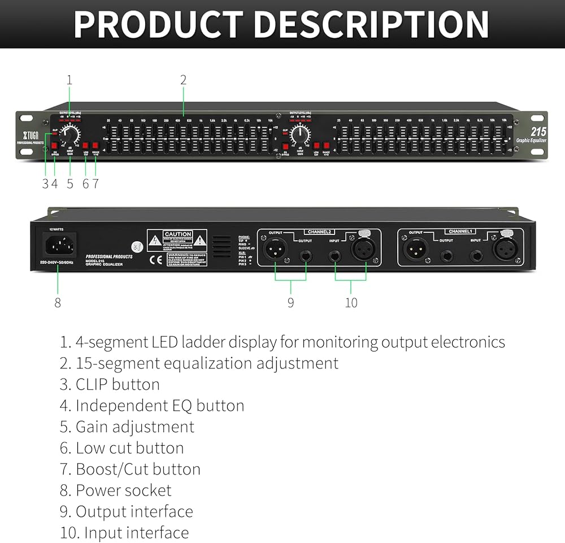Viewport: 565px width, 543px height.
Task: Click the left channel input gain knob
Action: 71,134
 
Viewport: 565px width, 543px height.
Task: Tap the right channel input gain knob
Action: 301,134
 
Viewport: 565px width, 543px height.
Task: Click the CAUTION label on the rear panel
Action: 177,234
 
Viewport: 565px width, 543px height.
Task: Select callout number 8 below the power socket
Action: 57,302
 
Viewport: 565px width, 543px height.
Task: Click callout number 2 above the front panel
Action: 183,80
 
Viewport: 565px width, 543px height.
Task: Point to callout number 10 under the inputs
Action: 351,303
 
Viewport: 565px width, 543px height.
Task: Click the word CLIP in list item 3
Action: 92,384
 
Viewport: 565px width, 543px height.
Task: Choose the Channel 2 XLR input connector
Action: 362,247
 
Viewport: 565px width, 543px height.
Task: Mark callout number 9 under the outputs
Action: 290,303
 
